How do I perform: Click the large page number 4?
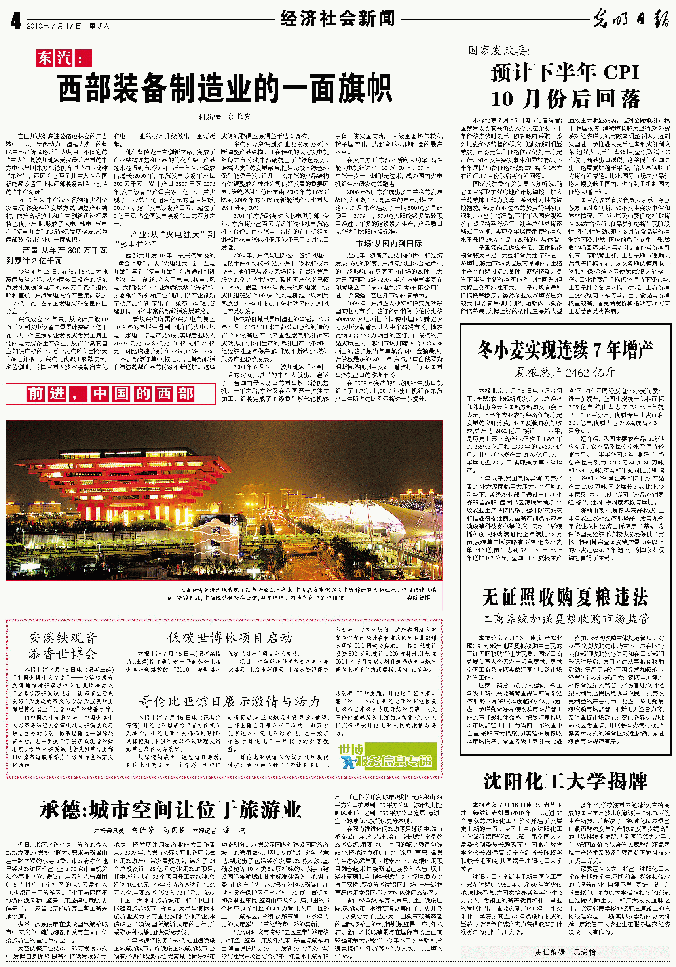point(15,20)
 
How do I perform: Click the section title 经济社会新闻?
point(338,19)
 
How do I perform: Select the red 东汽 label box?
point(64,58)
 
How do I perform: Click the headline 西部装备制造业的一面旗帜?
point(225,88)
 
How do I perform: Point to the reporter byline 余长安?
point(239,116)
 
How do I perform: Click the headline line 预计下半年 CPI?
point(565,72)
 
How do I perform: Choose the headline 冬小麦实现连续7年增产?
point(565,350)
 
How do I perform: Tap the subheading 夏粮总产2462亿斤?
point(565,372)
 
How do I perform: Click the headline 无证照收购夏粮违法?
point(565,597)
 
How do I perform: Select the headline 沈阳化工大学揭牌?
point(565,781)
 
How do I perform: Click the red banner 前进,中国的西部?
point(111,394)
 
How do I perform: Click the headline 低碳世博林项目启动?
point(230,638)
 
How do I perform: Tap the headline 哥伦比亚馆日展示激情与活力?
point(230,701)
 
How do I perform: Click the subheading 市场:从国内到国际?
point(389,244)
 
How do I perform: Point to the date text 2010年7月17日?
point(54,26)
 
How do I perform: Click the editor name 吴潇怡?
point(585,952)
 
